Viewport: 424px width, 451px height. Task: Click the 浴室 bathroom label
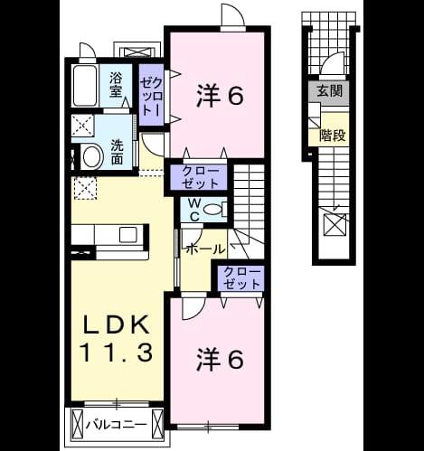[x=116, y=85]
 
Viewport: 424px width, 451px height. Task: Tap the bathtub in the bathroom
[x=85, y=85]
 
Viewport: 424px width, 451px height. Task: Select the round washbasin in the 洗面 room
[x=91, y=156]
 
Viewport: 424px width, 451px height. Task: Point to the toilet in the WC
[x=213, y=209]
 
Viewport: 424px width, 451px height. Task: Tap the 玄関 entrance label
[x=329, y=90]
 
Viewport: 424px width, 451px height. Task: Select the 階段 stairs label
[x=333, y=136]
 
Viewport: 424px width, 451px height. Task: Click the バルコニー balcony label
[x=116, y=425]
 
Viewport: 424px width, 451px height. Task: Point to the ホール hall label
[x=206, y=249]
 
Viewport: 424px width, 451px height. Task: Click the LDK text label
[x=117, y=324]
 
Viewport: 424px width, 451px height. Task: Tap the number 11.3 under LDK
[x=116, y=352]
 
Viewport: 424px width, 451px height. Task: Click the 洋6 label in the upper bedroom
[x=220, y=96]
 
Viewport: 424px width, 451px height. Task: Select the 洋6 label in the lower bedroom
[x=220, y=360]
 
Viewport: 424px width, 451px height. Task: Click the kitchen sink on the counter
[x=127, y=234]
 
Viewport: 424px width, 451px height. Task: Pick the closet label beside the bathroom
[x=153, y=97]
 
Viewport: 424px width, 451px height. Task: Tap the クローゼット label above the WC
[x=200, y=177]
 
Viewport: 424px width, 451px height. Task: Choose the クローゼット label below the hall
[x=241, y=278]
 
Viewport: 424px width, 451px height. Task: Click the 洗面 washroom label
[x=117, y=152]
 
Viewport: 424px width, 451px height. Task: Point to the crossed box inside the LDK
[x=85, y=188]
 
